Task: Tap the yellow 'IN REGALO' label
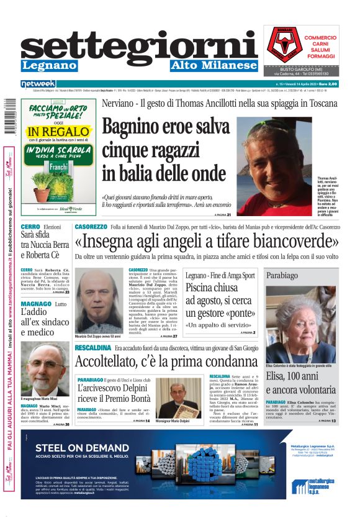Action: point(58,132)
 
